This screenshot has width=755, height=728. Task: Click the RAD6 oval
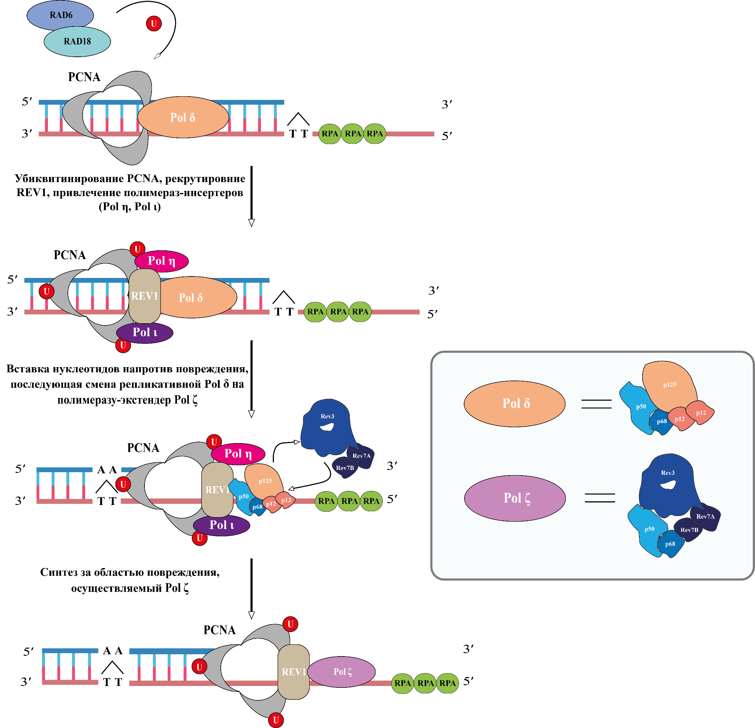tap(60, 15)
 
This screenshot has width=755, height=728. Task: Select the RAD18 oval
tap(77, 42)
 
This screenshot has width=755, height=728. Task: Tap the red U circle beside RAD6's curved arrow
tap(154, 24)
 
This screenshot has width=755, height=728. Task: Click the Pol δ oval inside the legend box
tap(515, 403)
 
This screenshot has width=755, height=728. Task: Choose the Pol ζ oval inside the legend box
tap(515, 498)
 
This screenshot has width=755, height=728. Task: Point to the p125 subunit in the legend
tap(669, 384)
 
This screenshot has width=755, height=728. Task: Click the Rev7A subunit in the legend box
tap(705, 516)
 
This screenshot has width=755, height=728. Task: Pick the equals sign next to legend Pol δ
tap(596, 404)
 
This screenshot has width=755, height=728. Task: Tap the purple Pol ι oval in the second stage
tap(145, 332)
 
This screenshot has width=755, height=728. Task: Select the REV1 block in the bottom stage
tap(293, 672)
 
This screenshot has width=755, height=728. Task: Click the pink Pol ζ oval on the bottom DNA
tap(342, 671)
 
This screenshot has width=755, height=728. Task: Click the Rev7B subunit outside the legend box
tap(345, 468)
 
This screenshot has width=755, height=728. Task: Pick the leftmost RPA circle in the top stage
tap(330, 134)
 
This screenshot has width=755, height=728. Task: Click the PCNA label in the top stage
tap(84, 77)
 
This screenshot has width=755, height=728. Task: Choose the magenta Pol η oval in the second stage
tap(161, 261)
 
